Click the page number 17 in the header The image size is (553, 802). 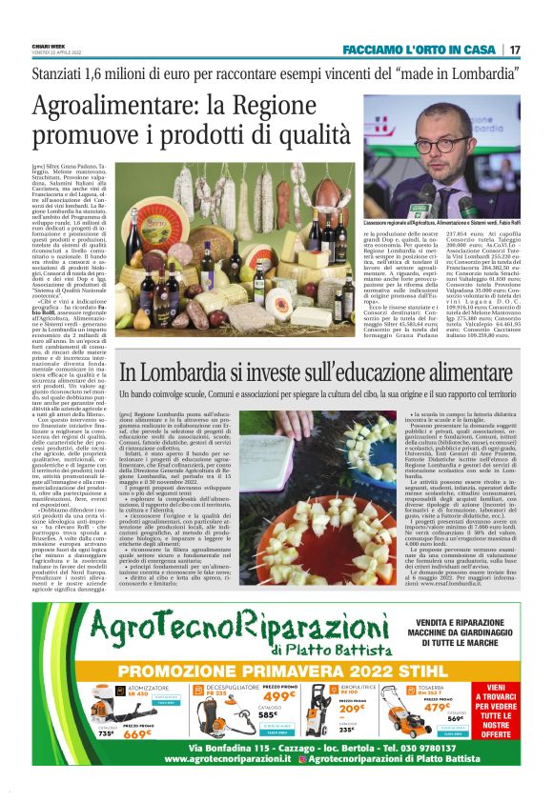click(x=515, y=49)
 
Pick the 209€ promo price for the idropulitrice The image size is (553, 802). click(x=352, y=709)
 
